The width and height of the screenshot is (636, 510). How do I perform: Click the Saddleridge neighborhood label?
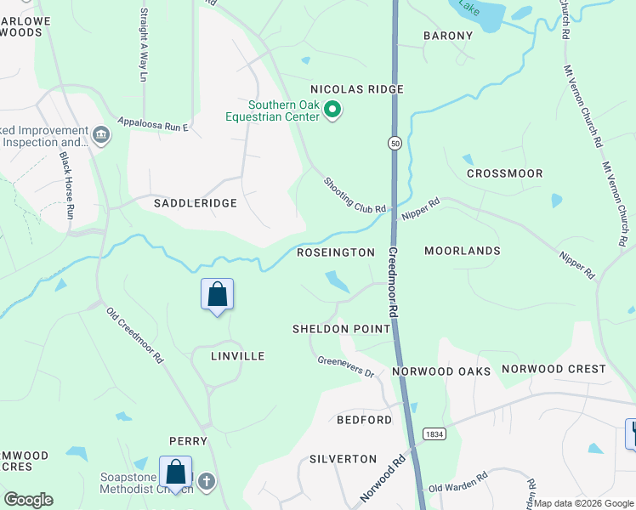195,204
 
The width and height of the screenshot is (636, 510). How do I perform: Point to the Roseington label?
336,252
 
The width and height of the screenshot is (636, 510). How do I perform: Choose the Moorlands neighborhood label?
463,252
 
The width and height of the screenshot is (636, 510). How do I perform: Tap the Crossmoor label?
505,173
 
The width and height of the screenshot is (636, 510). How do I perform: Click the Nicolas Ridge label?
356,89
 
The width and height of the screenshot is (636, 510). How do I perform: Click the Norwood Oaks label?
441,371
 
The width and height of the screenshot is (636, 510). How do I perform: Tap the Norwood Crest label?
554,369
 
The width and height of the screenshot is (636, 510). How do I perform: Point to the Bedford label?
364,420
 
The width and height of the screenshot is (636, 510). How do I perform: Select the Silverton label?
343,459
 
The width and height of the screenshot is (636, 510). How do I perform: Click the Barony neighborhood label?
448,36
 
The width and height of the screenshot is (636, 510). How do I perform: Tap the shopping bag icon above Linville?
217,294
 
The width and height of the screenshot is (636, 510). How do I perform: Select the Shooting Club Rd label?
355,195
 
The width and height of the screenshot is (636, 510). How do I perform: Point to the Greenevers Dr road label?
346,366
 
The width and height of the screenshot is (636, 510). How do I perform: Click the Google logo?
28,500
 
